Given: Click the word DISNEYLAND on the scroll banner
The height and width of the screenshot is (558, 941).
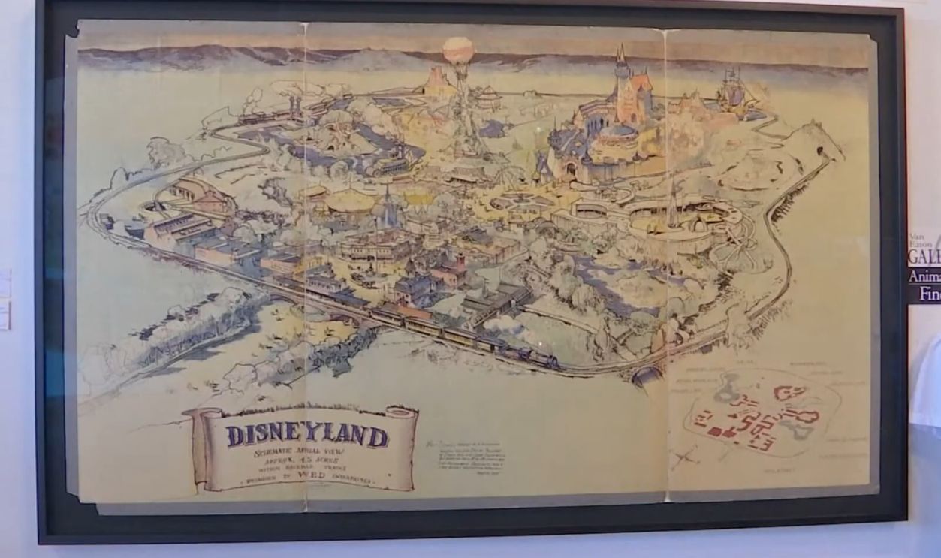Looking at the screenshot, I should tap(307, 436).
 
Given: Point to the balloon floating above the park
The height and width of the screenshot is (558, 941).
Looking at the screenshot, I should tap(458, 51).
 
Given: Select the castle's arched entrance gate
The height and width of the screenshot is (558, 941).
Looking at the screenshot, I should tap(571, 170).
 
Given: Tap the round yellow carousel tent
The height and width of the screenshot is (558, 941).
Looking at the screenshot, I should tap(351, 201).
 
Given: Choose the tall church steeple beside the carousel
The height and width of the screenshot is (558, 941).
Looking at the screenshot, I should tap(387, 203).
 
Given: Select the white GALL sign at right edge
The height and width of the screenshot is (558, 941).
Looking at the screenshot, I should tap(924, 255).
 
